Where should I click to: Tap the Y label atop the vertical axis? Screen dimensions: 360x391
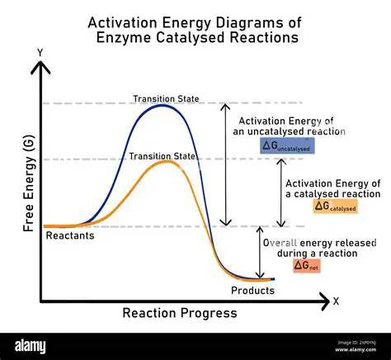(40, 53)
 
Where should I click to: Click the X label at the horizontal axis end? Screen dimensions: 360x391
(336, 301)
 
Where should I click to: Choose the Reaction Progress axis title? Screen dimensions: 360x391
(180, 313)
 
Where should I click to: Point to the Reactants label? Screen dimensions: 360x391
(70, 236)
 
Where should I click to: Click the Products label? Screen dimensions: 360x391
(252, 291)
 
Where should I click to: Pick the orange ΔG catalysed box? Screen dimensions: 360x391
(335, 207)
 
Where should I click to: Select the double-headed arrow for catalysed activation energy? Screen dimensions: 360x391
(282, 192)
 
